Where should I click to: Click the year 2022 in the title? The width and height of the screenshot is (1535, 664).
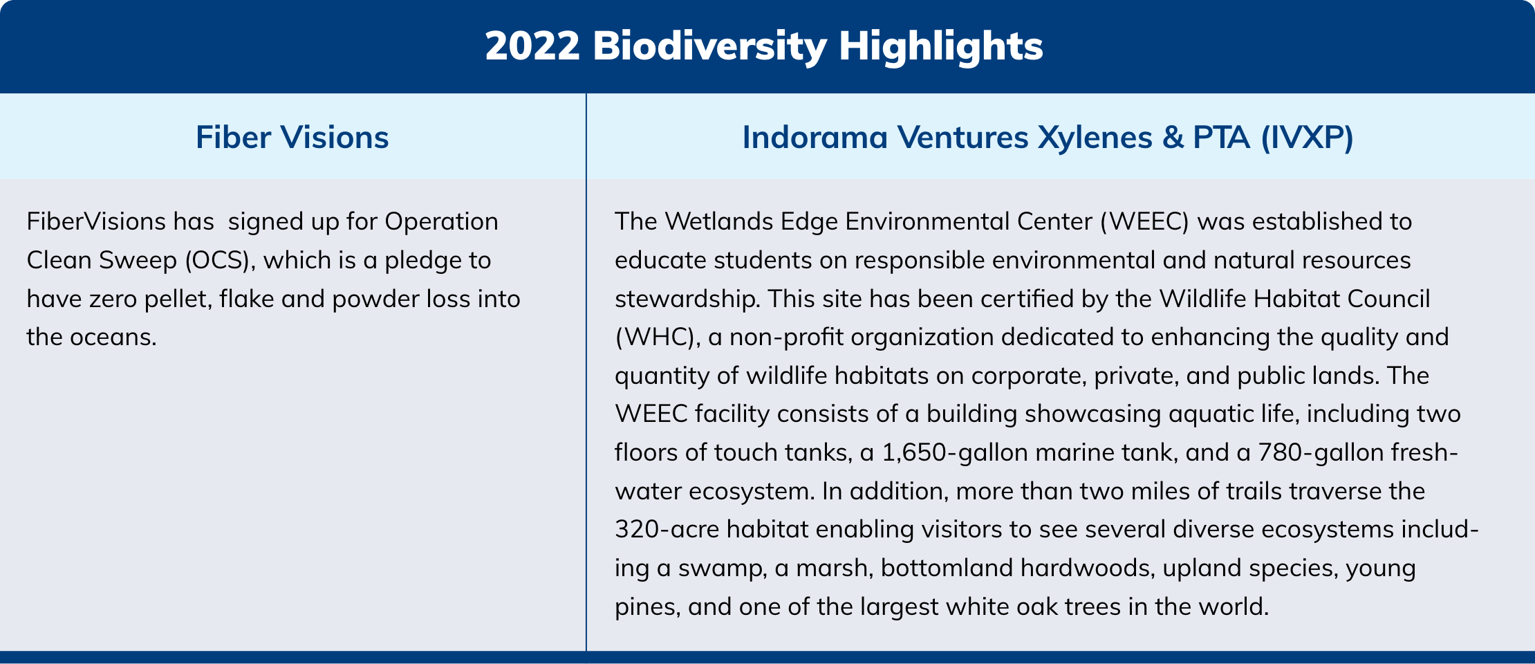pyautogui.click(x=532, y=46)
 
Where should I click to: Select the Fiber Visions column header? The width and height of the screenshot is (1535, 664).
pyautogui.click(x=292, y=137)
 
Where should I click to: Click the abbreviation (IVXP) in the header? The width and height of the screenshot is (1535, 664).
pyautogui.click(x=1308, y=138)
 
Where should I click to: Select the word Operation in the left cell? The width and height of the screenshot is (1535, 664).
pyautogui.click(x=441, y=222)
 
